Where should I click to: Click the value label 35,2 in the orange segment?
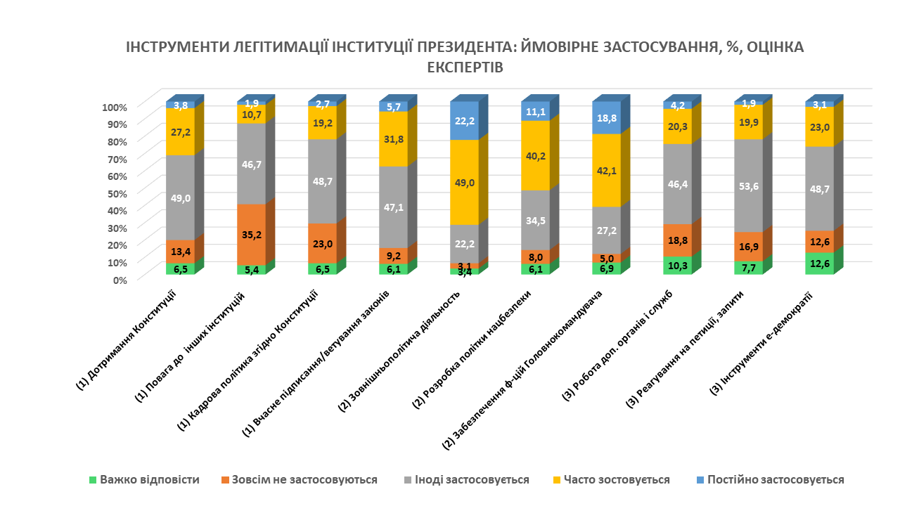point(251,235)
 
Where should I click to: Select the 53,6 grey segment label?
point(748,186)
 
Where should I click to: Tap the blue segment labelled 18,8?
point(606,118)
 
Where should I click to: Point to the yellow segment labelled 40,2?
point(535,155)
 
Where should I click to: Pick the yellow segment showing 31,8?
point(393,138)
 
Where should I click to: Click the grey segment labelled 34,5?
point(535,220)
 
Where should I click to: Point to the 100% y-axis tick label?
point(114,108)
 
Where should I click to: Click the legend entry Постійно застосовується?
point(776,480)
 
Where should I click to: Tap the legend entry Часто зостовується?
point(619,480)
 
